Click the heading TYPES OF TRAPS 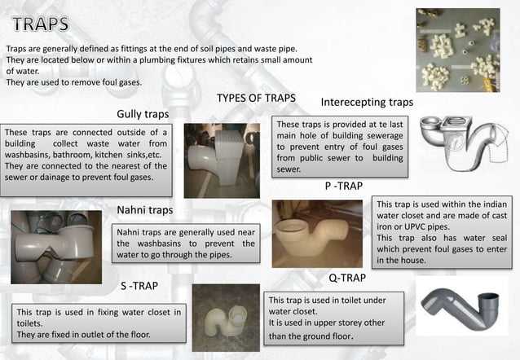(256, 99)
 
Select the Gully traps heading (143, 113)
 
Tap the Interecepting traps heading (367, 103)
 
